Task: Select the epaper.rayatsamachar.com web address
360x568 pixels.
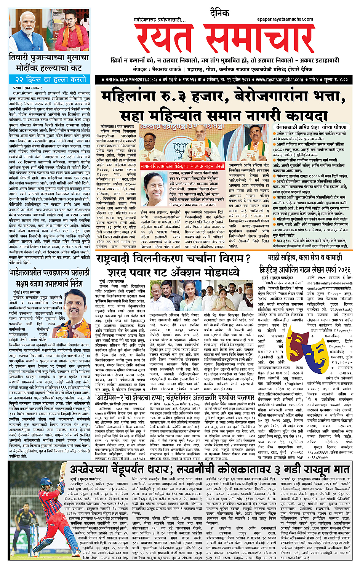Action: pos(285,19)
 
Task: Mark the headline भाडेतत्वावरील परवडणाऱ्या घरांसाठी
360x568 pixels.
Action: pos(49,273)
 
